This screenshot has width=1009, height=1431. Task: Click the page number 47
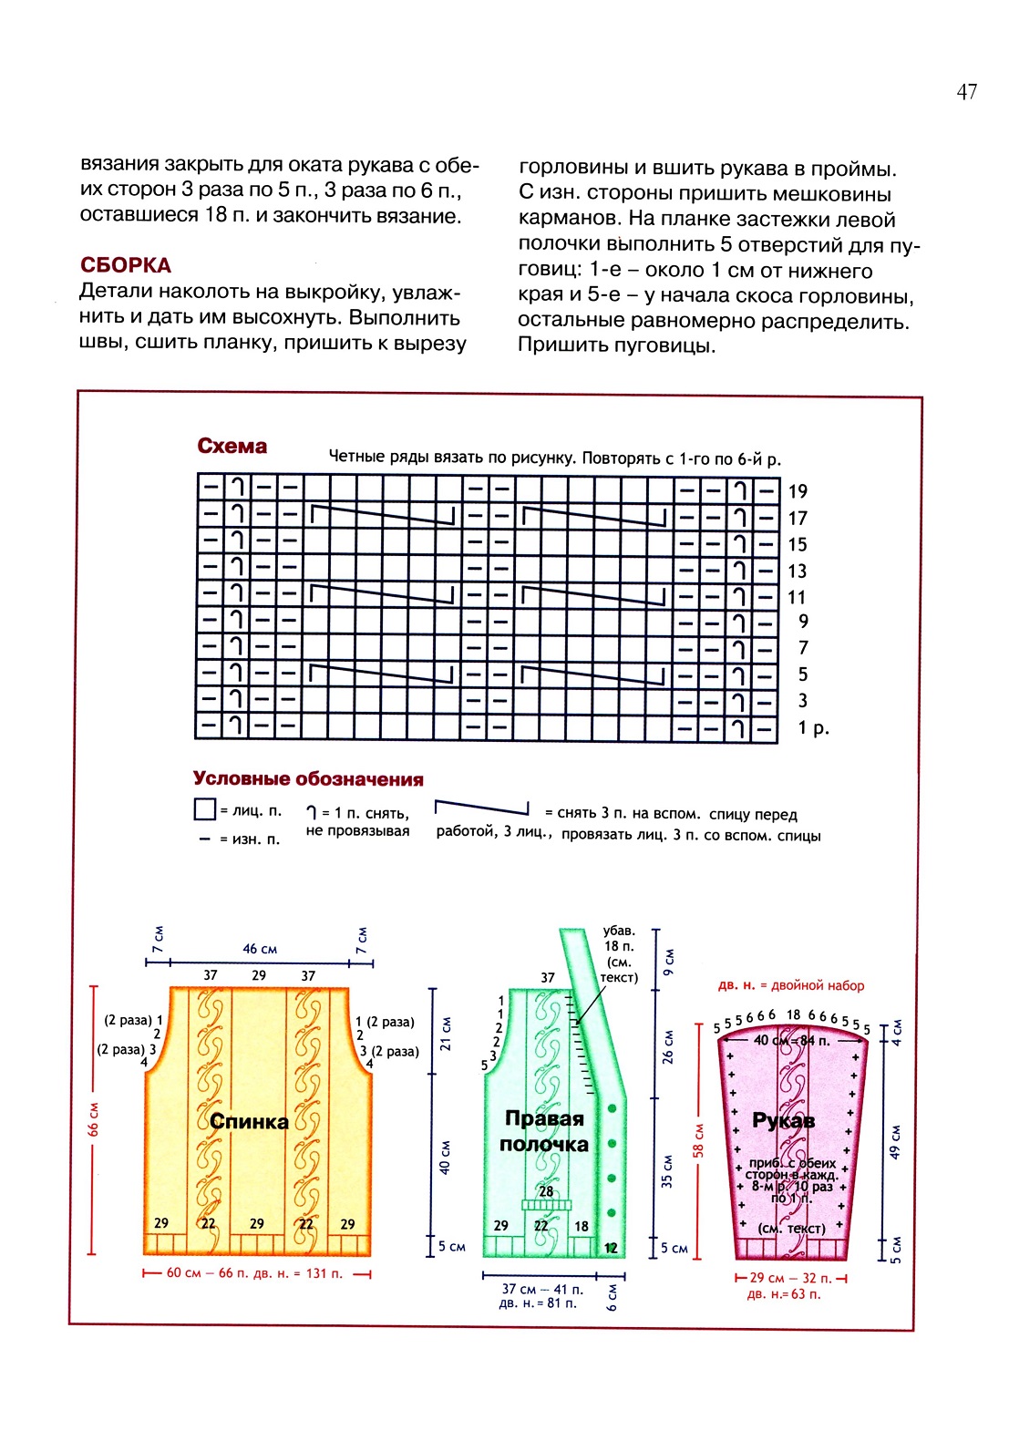click(x=966, y=91)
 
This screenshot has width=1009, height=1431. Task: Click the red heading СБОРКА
click(x=126, y=265)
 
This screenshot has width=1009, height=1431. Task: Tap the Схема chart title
click(x=232, y=447)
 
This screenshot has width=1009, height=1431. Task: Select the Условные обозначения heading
click(x=308, y=779)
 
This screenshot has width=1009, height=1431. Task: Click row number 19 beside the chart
click(x=798, y=492)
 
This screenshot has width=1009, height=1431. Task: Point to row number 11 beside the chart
click(x=797, y=598)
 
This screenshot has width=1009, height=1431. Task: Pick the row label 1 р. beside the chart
click(x=813, y=728)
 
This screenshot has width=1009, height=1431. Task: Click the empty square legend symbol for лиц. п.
click(x=204, y=809)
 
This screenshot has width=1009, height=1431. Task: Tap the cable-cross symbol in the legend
click(x=482, y=808)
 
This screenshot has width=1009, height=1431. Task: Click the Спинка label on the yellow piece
click(x=249, y=1122)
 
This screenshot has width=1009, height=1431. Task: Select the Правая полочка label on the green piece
click(x=544, y=1131)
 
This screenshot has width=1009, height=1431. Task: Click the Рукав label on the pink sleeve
click(x=783, y=1120)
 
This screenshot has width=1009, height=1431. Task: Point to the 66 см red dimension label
click(x=93, y=1118)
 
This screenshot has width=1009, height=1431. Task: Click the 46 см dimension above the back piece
click(x=260, y=949)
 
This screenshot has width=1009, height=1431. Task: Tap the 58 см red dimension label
click(x=699, y=1140)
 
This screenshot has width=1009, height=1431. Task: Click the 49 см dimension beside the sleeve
click(x=895, y=1140)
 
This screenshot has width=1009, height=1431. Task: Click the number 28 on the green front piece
click(x=546, y=1191)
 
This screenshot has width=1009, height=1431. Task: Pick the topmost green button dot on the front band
click(x=613, y=1108)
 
